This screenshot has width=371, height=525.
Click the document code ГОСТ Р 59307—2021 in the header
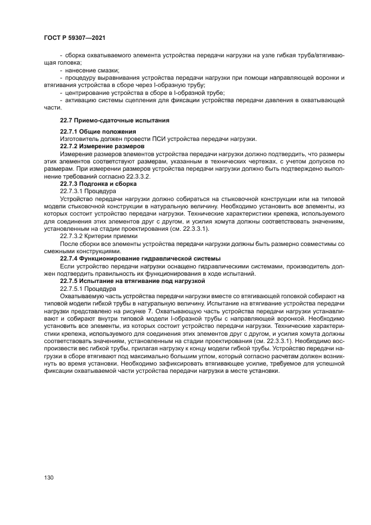75,37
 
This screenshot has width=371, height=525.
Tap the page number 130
49,477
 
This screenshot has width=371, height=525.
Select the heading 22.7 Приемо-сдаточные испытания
107,120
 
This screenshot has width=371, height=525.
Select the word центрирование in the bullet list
89,93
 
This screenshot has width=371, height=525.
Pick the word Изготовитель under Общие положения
80,139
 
